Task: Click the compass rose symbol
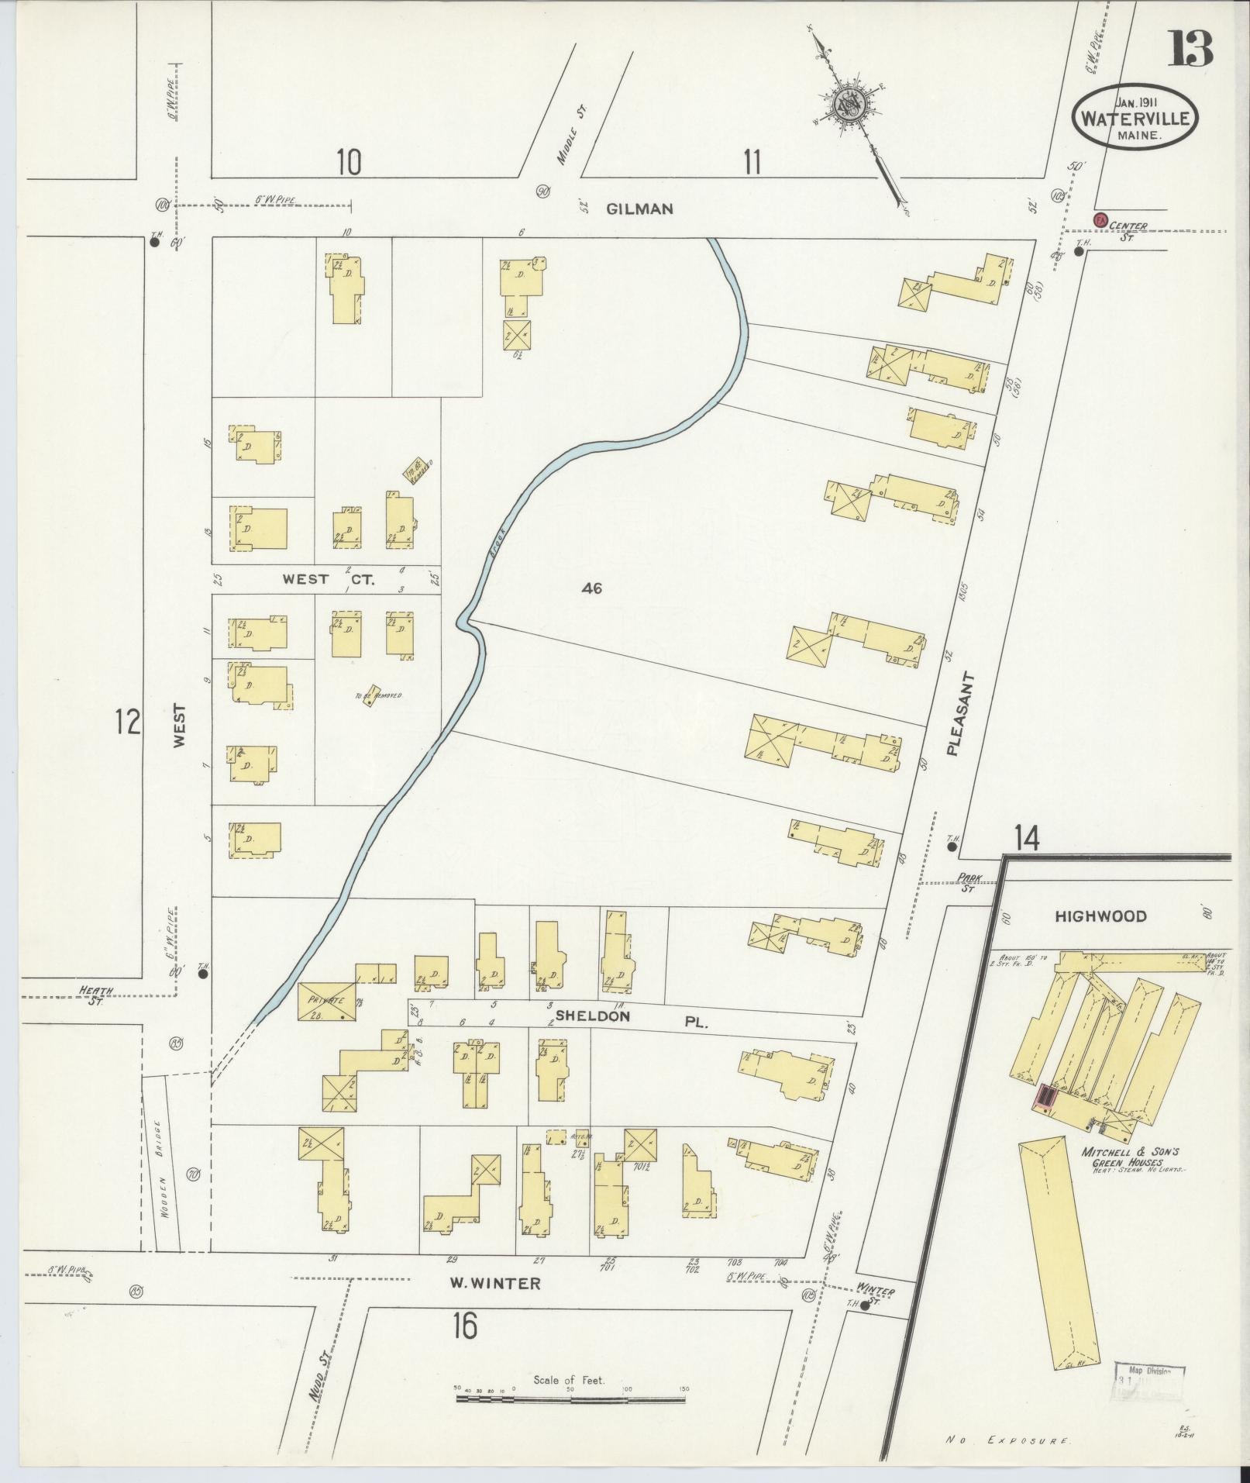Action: [x=849, y=105]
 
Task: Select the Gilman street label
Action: [x=639, y=208]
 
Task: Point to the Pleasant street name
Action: [x=961, y=714]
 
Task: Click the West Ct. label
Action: [x=328, y=579]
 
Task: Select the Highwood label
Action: [x=1089, y=916]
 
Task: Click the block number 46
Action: [x=591, y=588]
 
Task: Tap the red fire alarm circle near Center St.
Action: [x=1099, y=219]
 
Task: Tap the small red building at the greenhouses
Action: [x=1046, y=1097]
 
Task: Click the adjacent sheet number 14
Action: [x=1027, y=838]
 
